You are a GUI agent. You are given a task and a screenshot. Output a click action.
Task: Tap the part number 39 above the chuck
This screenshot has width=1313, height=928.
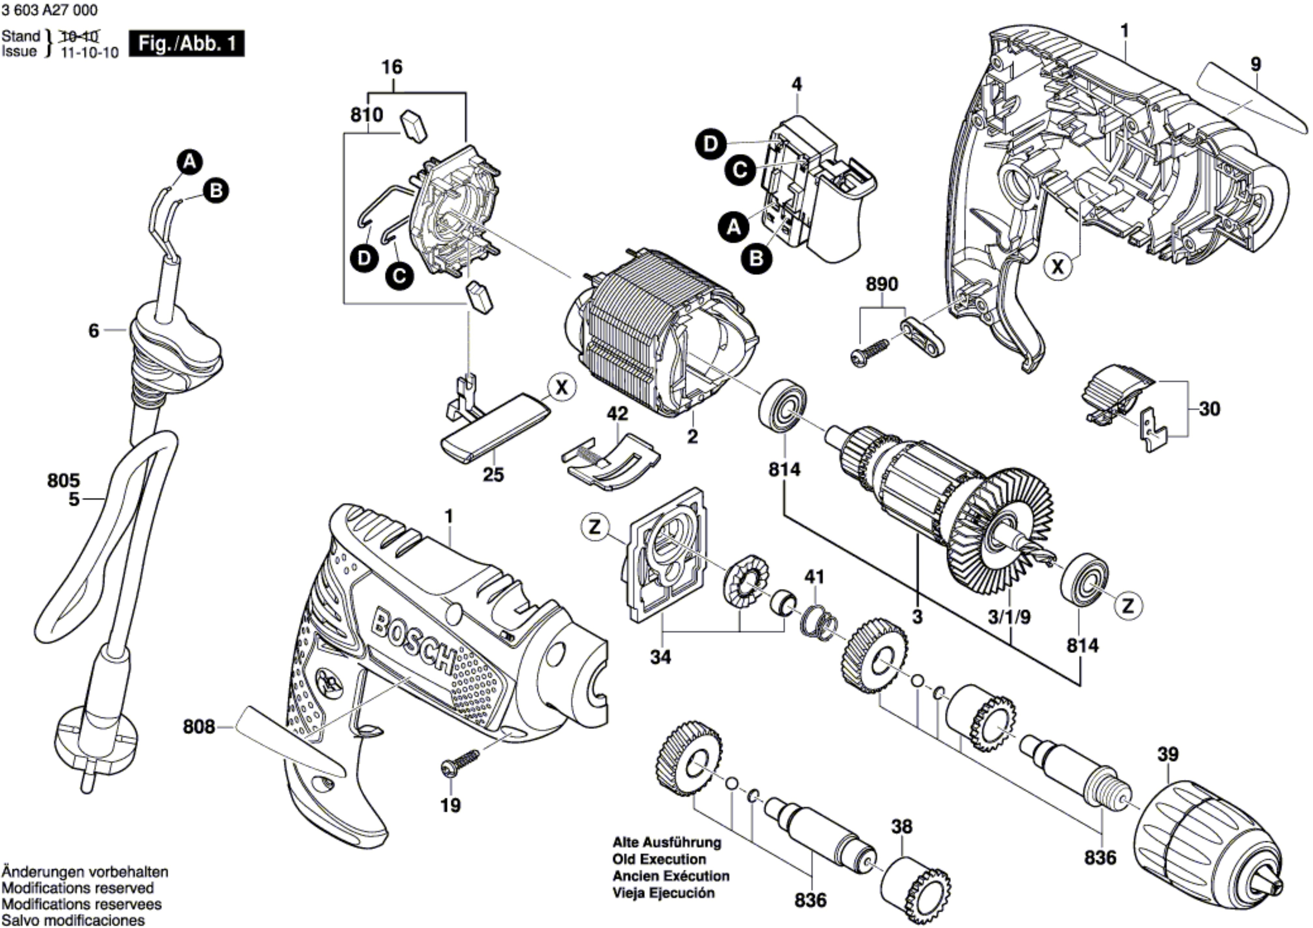point(1168,755)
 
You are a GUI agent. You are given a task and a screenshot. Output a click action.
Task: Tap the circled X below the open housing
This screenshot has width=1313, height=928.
point(1058,266)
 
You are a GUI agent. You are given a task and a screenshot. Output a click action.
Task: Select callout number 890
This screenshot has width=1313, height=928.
point(882,284)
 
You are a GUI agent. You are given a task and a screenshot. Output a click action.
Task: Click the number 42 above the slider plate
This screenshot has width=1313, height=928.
point(617,414)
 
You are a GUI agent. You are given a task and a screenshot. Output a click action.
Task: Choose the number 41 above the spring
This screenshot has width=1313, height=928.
point(815,577)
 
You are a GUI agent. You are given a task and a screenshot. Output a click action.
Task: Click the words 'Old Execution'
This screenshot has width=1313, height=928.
point(659,859)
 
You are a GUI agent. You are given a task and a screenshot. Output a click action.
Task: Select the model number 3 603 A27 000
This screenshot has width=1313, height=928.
point(50,10)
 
